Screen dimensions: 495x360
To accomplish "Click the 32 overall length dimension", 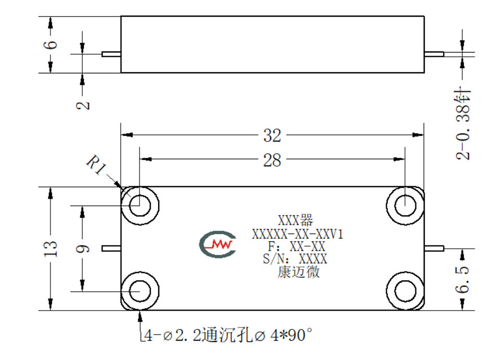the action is coord(272,135).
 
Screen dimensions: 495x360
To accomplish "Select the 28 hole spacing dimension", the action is coord(272,160).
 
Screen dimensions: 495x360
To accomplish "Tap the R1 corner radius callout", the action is coord(96,164).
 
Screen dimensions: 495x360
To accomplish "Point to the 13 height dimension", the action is coord(50,248).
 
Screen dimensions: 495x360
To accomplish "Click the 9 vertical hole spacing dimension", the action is coord(83,249).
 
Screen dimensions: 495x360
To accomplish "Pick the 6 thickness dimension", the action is coord(50,45).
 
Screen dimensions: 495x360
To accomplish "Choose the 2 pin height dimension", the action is coord(83,105).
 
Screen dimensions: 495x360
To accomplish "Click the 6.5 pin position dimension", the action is coord(463,279).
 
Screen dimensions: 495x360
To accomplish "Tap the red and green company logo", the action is coord(218,244).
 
